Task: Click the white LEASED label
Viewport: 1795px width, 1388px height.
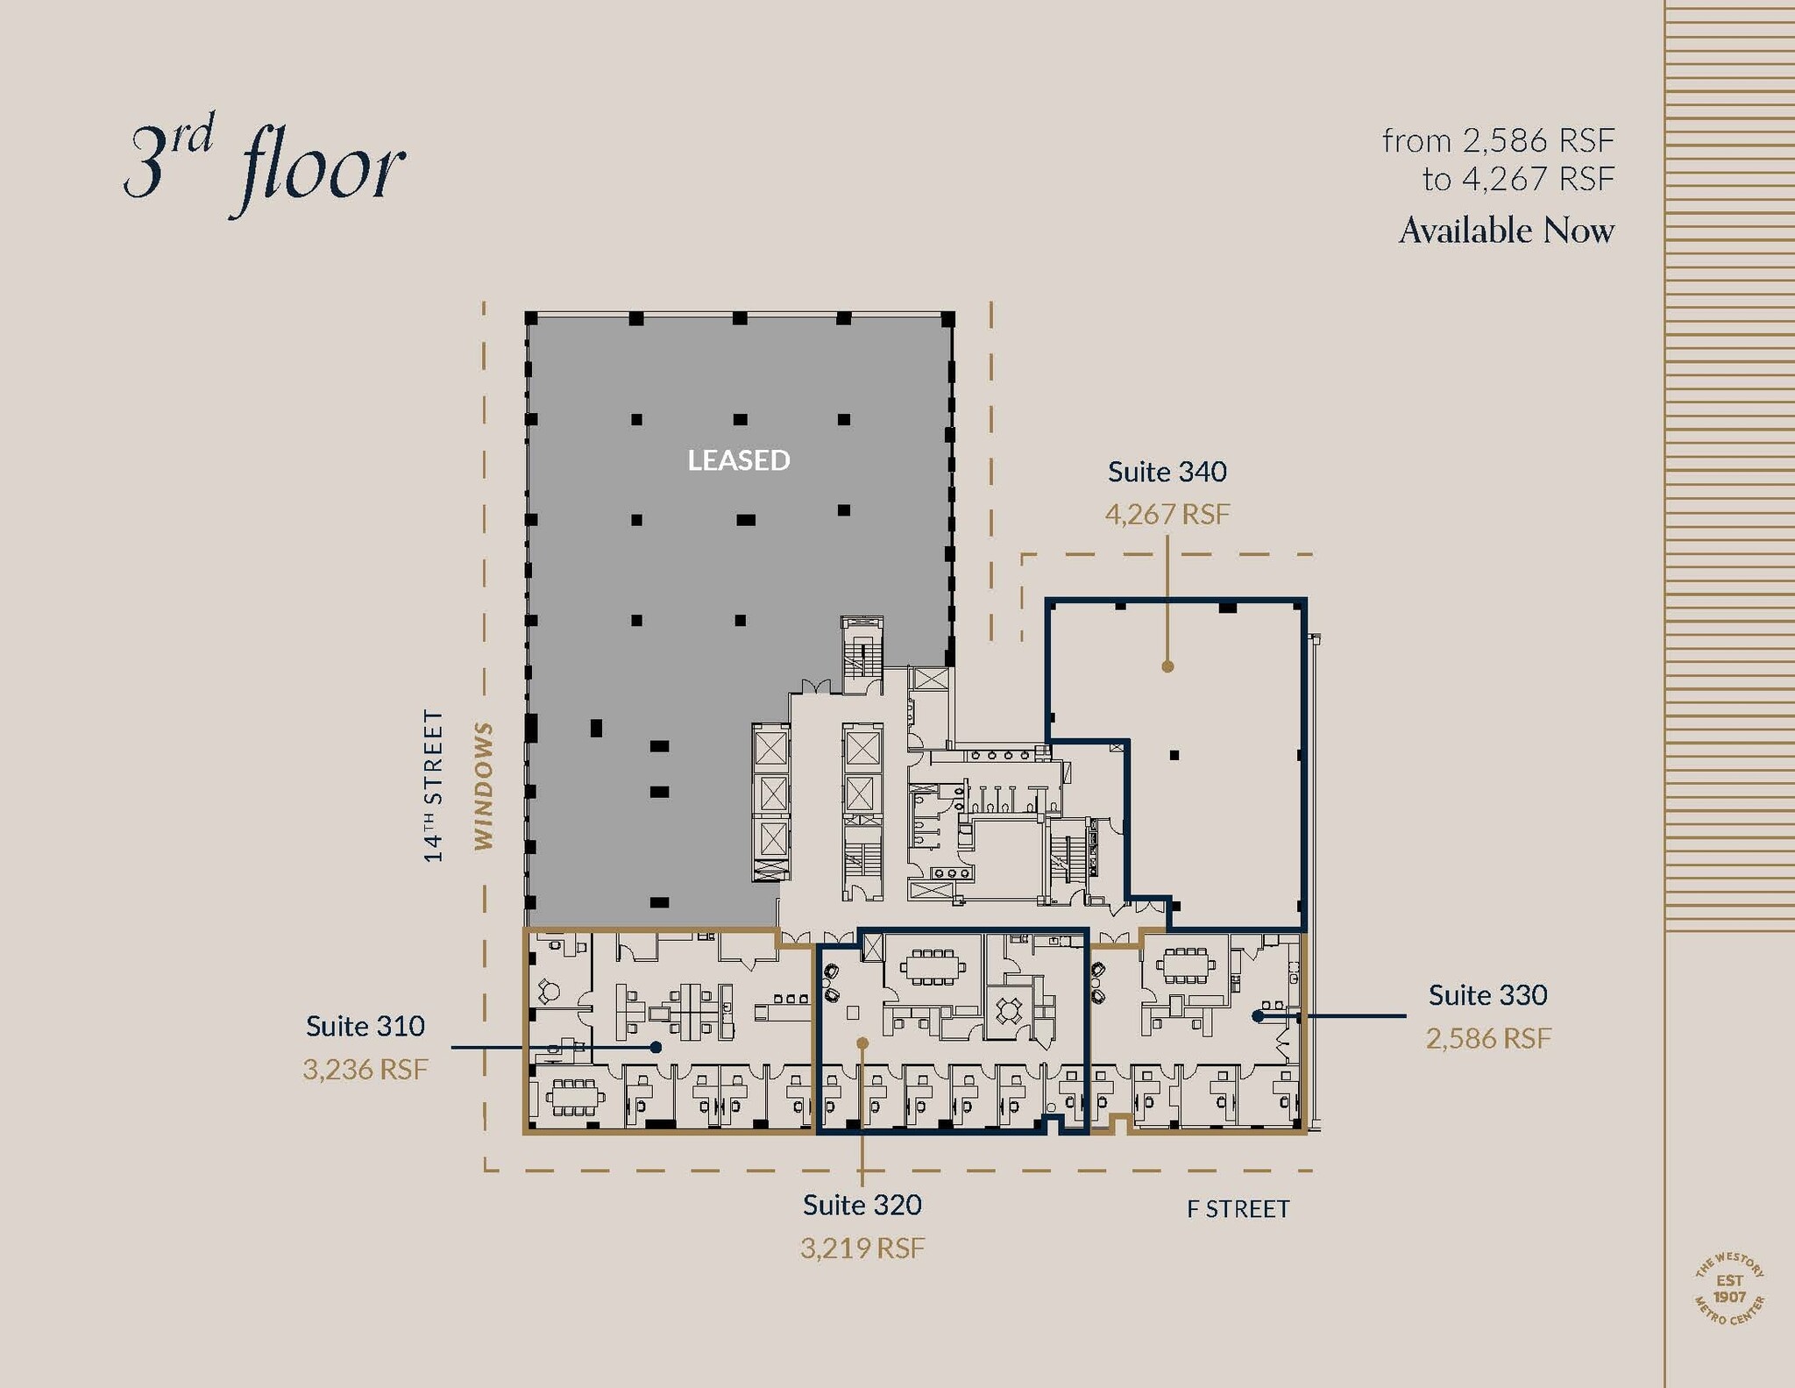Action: [738, 460]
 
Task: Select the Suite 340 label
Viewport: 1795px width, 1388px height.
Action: [1167, 472]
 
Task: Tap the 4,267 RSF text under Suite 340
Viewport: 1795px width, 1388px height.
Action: [1167, 514]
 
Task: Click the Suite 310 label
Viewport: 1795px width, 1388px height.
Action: [365, 1026]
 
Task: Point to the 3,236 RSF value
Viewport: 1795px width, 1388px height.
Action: [365, 1069]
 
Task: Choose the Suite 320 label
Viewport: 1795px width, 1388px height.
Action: [862, 1205]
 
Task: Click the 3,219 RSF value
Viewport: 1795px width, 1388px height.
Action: [862, 1248]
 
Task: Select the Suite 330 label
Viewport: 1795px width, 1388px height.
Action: [1487, 995]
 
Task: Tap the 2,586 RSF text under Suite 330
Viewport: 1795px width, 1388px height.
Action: [1487, 1038]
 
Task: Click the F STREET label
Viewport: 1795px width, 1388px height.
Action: [1238, 1209]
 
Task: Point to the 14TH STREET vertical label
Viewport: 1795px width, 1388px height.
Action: [434, 786]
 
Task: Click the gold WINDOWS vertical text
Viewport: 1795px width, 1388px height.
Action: [484, 786]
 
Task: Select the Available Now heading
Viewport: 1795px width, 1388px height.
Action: [1506, 231]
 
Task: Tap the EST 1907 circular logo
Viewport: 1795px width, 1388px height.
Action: [1729, 1289]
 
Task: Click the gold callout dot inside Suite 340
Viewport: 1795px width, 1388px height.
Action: [1167, 666]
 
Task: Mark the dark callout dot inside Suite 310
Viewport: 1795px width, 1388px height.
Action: [656, 1047]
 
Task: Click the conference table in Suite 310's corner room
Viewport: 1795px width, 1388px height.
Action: [574, 1096]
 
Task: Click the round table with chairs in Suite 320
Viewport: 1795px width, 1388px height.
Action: [1009, 1011]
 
